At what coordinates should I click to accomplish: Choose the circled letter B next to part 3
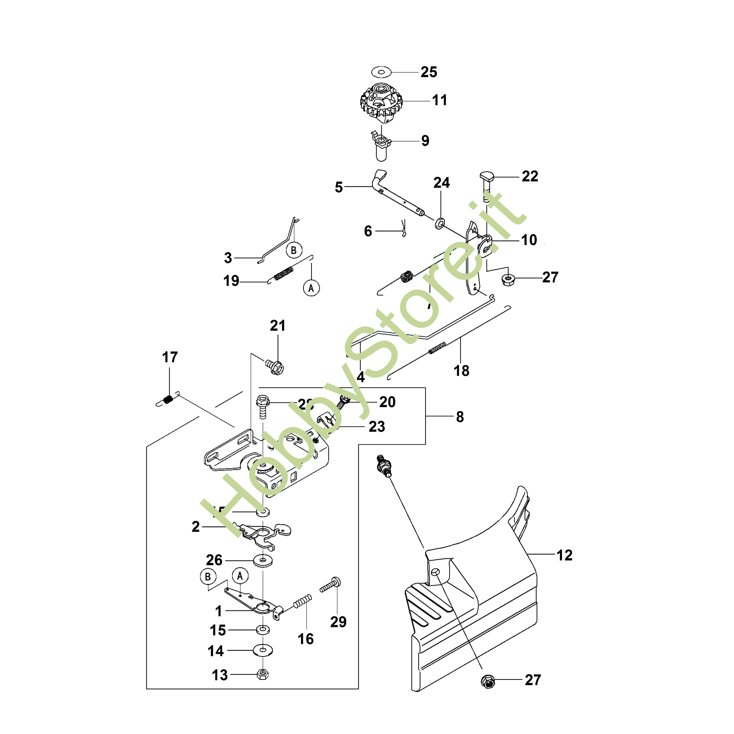pyautogui.click(x=294, y=250)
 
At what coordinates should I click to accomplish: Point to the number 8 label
pyautogui.click(x=460, y=417)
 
